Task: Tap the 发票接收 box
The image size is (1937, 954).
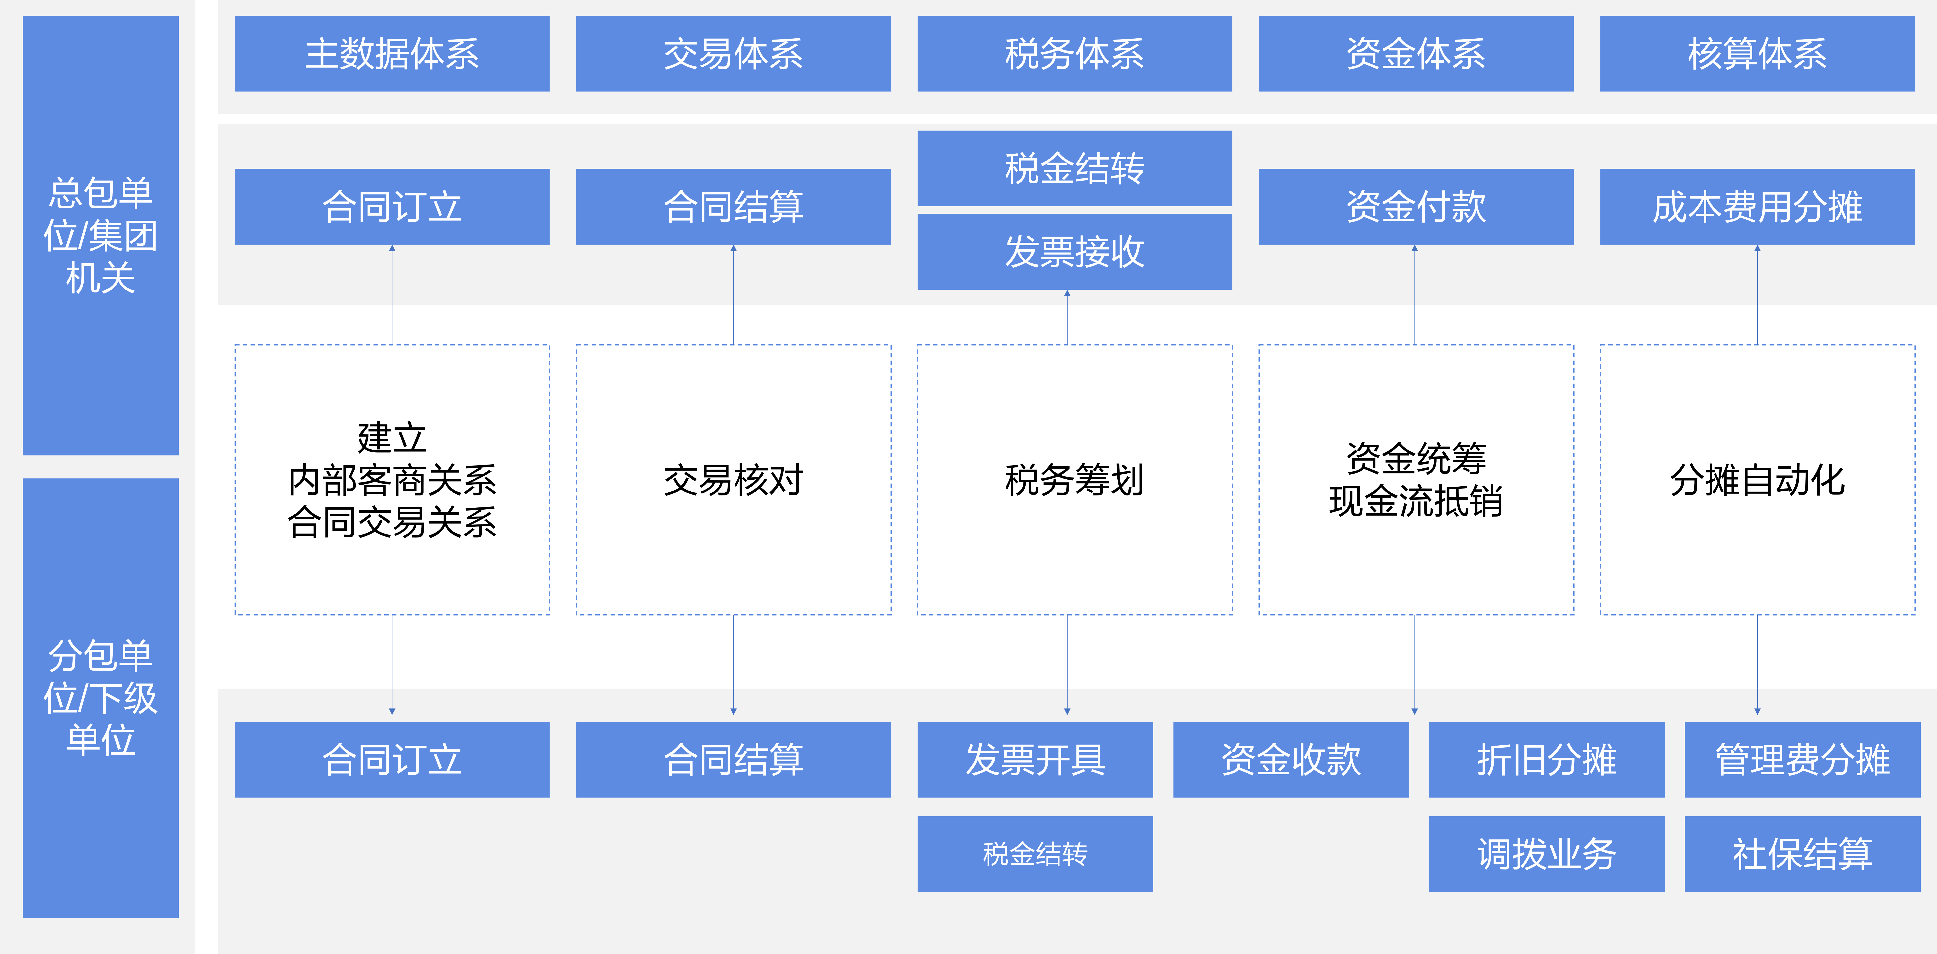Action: [1075, 252]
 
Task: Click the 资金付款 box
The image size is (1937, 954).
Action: [1416, 207]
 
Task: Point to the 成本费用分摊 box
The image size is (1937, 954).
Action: [1757, 207]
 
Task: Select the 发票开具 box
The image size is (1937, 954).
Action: [1035, 759]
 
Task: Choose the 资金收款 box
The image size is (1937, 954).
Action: [1290, 759]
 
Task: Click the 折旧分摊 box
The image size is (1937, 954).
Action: [1546, 759]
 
